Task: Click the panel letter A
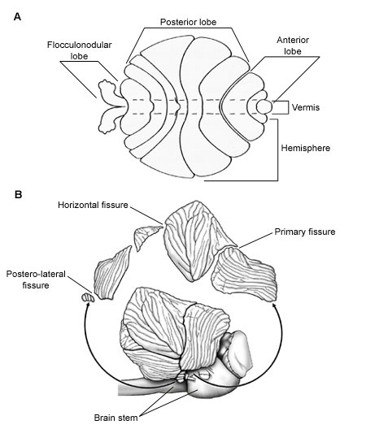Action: (x=17, y=17)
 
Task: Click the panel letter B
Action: (x=18, y=194)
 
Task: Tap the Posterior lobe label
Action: (x=188, y=22)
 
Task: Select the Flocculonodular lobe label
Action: (x=79, y=50)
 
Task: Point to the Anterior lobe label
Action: (x=293, y=45)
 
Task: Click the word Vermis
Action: (x=306, y=107)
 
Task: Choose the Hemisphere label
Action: (x=305, y=148)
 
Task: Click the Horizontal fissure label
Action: (x=93, y=205)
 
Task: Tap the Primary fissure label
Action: (x=305, y=232)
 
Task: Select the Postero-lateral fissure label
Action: (x=36, y=279)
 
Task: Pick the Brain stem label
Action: (x=115, y=418)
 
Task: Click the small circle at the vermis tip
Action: (x=264, y=106)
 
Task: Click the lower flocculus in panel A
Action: (x=110, y=120)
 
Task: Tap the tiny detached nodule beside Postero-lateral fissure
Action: (x=88, y=297)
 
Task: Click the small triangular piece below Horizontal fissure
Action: (x=145, y=236)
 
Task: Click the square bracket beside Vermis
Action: (x=288, y=107)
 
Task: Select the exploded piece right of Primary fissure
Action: (x=244, y=273)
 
